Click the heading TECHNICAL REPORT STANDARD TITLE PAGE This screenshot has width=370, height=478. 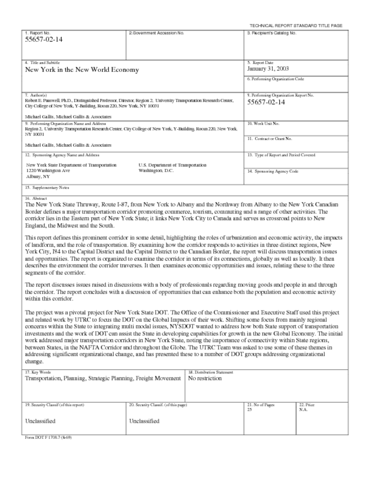(296, 25)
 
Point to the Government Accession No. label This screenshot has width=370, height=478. (156, 33)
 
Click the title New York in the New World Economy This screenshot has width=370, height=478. (82, 70)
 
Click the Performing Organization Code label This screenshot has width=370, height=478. (278, 79)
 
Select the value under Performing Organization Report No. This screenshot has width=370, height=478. (266, 103)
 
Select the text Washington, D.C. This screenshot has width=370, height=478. (156, 171)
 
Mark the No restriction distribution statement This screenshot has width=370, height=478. (205, 379)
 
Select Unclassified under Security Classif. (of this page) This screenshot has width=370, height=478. (144, 421)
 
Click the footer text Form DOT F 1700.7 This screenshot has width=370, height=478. (48, 438)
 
